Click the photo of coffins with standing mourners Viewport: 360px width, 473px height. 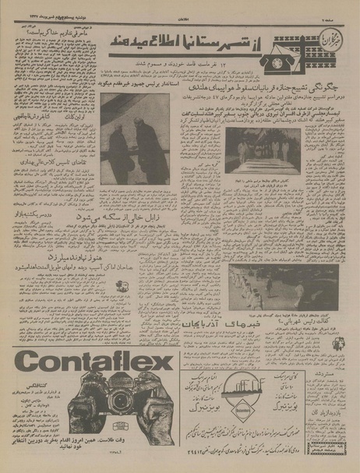click(262, 152)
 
